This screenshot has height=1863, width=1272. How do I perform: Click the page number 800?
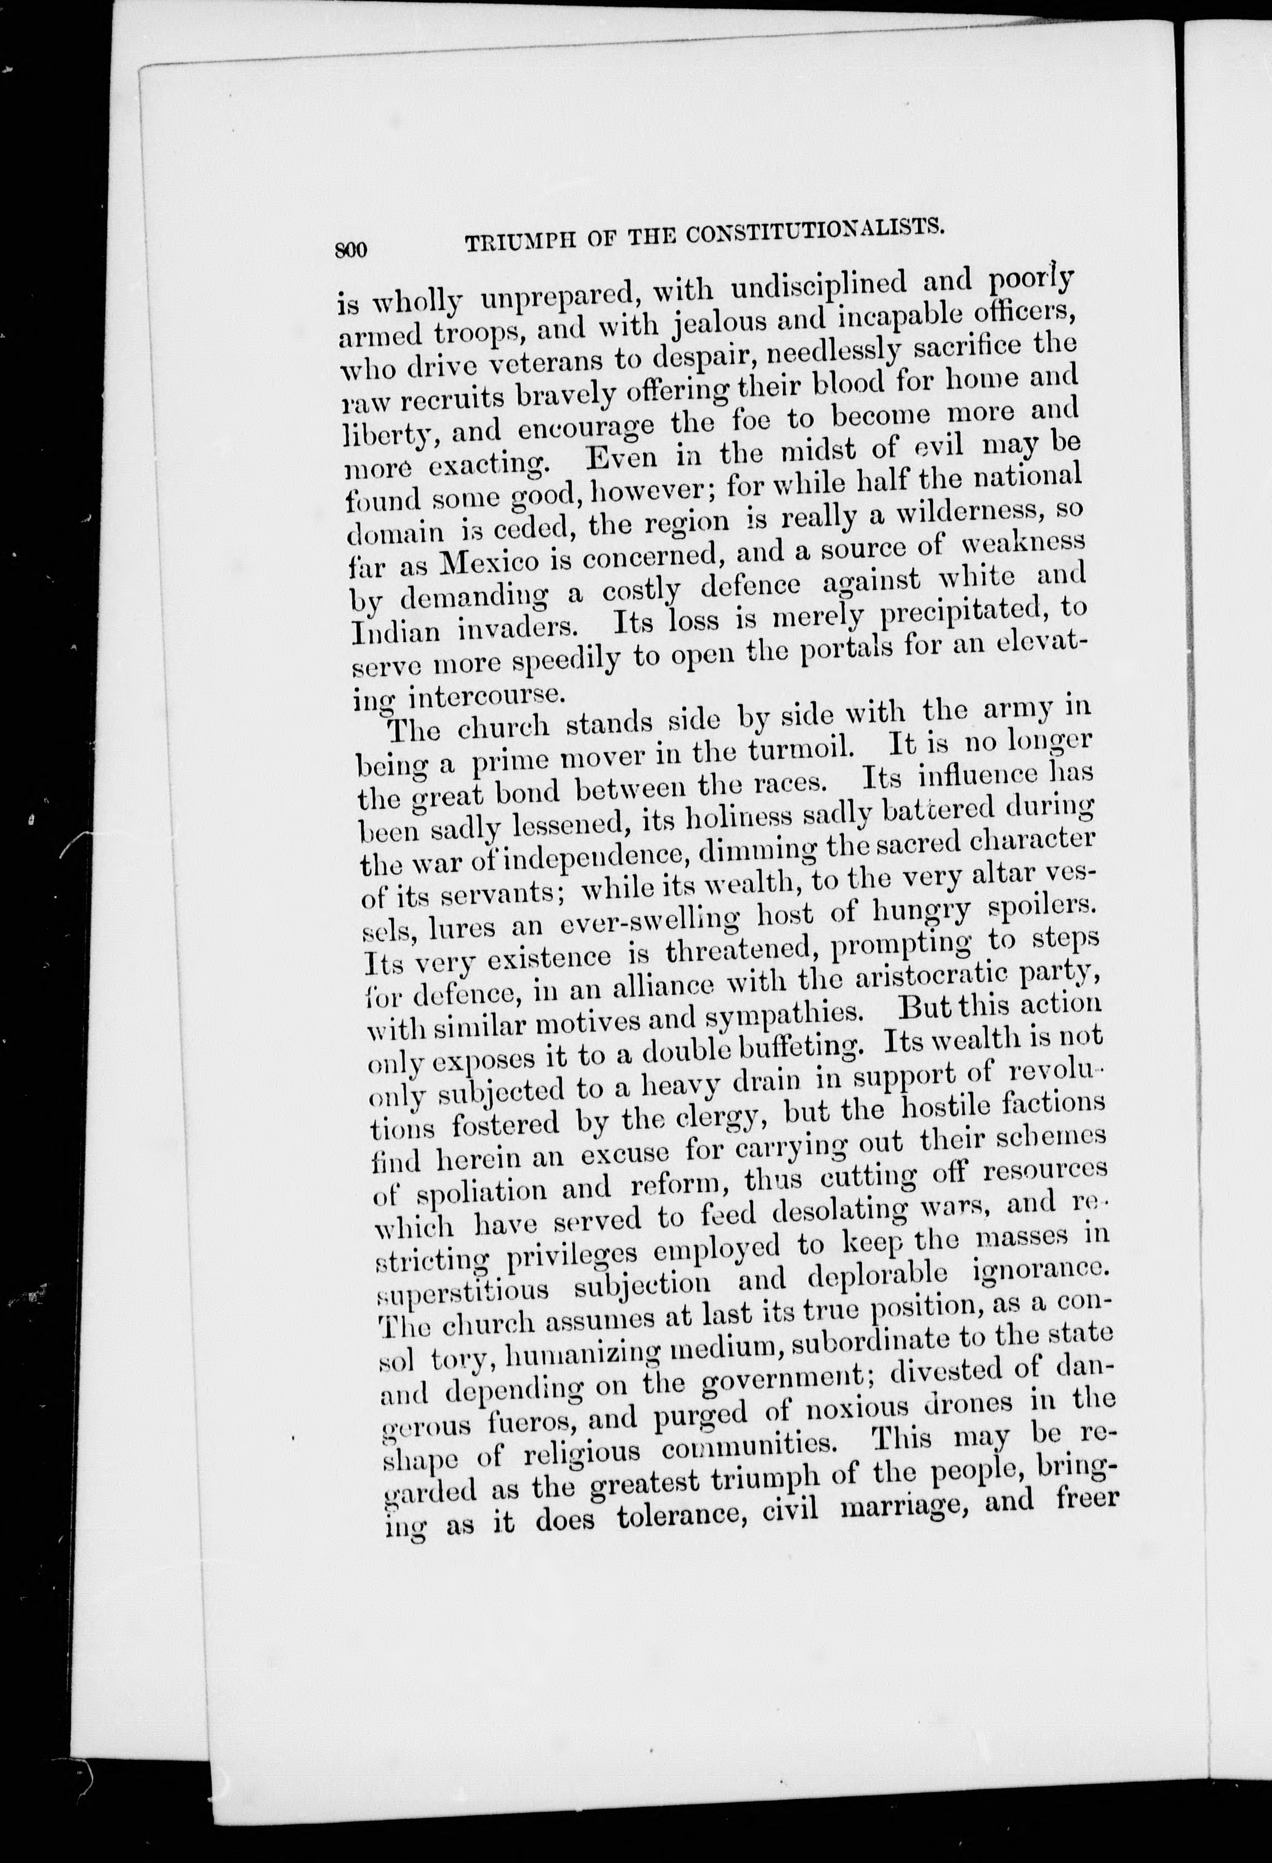coord(350,250)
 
